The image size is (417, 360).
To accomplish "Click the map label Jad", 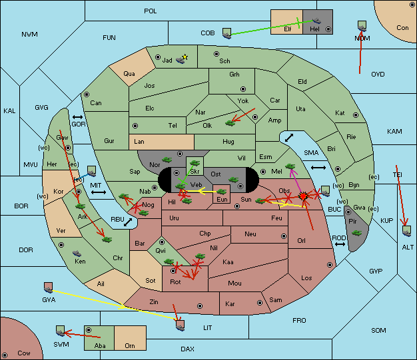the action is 167,61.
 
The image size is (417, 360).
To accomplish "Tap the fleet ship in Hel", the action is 316,21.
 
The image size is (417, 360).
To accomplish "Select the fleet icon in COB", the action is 226,33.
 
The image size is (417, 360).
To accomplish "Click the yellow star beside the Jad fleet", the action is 185,57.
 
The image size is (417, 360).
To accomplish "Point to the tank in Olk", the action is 230,123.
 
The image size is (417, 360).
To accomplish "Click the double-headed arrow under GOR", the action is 77,117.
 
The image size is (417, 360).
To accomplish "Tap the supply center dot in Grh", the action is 243,89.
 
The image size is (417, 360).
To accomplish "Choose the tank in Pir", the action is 356,233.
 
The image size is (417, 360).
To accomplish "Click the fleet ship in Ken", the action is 77,253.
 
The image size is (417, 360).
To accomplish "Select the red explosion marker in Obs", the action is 303,196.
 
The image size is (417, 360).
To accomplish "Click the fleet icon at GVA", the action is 48,287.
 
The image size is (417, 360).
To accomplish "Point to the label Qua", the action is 129,74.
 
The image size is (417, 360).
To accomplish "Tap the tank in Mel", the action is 290,166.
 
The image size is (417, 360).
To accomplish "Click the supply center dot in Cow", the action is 5,355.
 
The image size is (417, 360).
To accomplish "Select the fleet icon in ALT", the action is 406,231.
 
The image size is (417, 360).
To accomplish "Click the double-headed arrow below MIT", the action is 99,192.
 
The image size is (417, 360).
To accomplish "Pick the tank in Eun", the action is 221,192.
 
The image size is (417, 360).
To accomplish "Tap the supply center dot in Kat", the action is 356,115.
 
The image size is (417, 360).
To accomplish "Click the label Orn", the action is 130,345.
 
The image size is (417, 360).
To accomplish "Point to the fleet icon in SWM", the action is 61,331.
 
